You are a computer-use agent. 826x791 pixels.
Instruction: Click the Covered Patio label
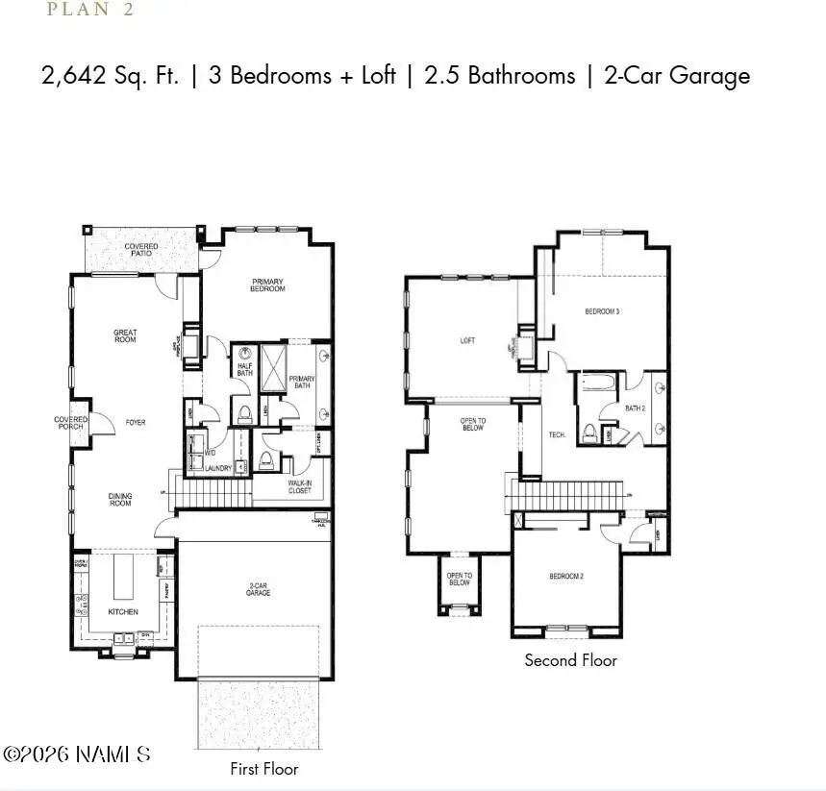click(x=141, y=251)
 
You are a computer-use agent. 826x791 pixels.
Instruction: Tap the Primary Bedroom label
click(x=268, y=284)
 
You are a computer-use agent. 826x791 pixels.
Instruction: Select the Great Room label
click(x=125, y=336)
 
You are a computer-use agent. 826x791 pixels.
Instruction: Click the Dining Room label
click(x=120, y=500)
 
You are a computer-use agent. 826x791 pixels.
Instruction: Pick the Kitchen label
click(x=122, y=611)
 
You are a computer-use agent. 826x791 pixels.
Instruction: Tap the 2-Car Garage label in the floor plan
click(x=258, y=589)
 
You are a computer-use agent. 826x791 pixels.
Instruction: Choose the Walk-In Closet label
click(x=300, y=487)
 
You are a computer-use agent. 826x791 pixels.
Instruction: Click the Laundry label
click(x=217, y=468)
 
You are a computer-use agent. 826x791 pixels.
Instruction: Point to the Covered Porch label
click(x=70, y=423)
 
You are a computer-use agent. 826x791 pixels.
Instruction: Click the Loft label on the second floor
click(x=468, y=340)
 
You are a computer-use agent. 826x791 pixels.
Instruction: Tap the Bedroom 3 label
click(x=602, y=311)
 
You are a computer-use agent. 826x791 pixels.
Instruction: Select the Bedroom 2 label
click(x=566, y=576)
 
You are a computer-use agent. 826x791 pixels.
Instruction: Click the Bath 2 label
click(x=635, y=408)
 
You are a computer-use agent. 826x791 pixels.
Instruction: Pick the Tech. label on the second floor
click(x=557, y=435)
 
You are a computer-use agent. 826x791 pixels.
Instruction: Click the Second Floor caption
click(x=570, y=660)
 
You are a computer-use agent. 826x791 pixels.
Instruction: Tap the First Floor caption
click(x=263, y=769)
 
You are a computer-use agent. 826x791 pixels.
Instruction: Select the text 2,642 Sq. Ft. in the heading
click(x=110, y=76)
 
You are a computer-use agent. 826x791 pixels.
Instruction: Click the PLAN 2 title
click(x=89, y=11)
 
